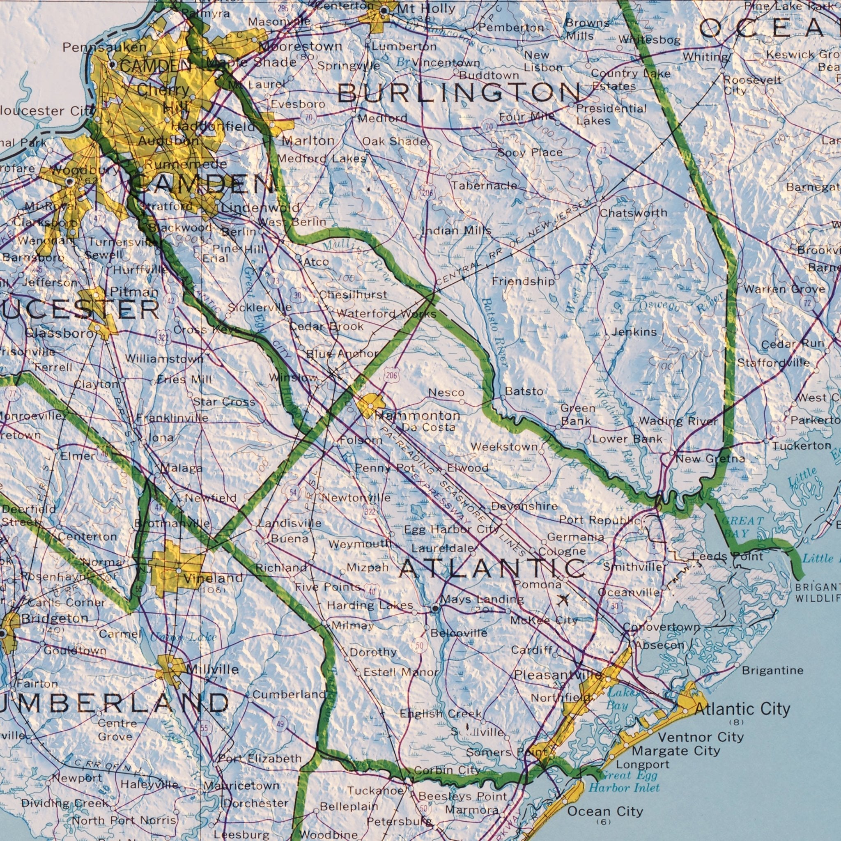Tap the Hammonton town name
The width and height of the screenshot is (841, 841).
point(417,416)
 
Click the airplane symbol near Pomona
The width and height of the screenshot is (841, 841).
point(563,601)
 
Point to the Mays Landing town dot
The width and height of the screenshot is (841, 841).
point(435,608)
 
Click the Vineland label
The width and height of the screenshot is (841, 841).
point(213,579)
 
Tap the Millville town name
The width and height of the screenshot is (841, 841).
point(212,669)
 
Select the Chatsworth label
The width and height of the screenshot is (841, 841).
point(633,213)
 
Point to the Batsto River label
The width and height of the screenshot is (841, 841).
point(494,332)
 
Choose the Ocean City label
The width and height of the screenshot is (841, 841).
point(605,811)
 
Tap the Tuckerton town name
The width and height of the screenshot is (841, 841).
point(802,446)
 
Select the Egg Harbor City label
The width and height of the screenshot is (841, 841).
point(451,530)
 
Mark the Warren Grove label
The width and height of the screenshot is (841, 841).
point(784,289)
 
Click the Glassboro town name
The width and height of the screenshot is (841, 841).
point(59,334)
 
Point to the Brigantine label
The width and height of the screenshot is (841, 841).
point(773,670)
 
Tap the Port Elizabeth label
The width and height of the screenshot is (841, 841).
point(260,758)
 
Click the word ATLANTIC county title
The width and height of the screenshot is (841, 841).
point(492,568)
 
